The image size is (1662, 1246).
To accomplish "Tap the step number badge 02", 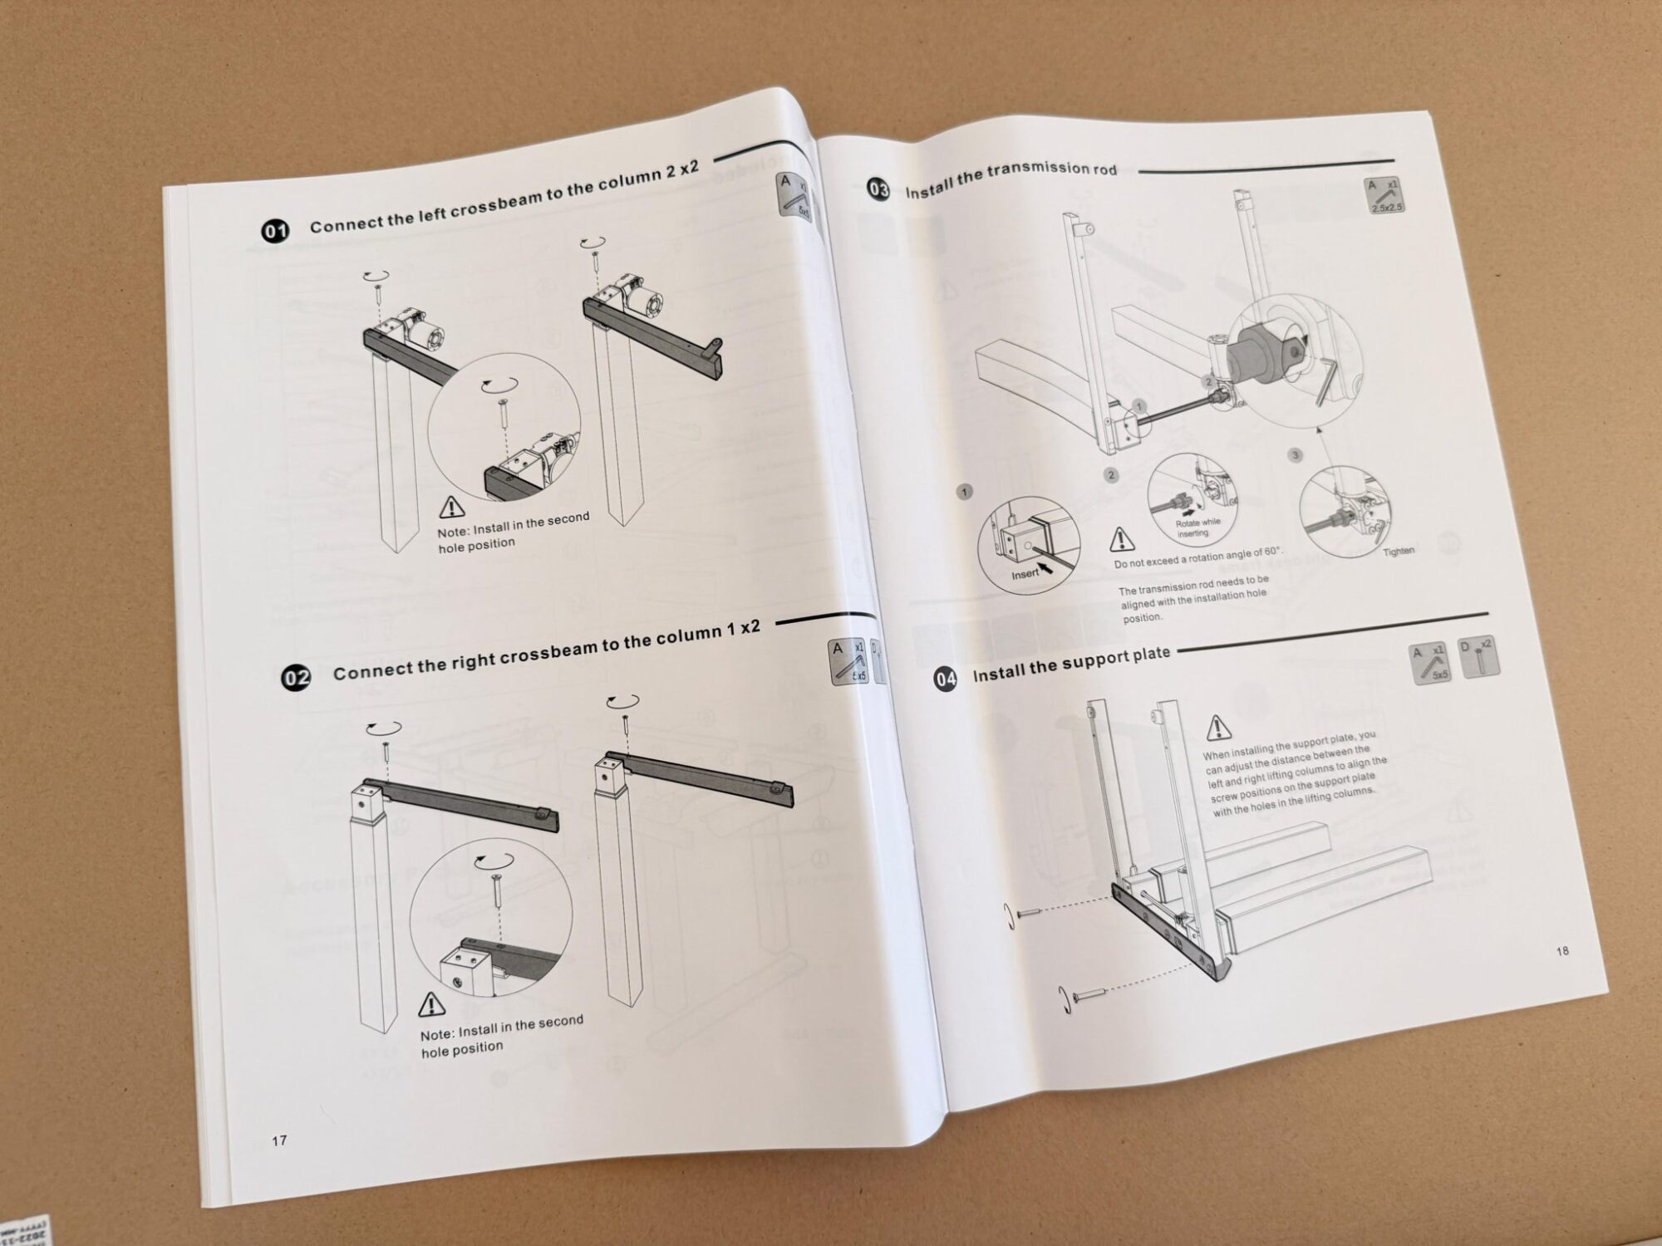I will point(297,678).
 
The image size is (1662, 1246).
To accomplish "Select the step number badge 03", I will point(878,190).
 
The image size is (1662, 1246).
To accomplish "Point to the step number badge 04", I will point(946,679).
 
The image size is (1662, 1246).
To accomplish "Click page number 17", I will point(279,1141).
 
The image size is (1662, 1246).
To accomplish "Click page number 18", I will point(1562,950).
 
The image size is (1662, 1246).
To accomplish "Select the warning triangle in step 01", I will point(451,506).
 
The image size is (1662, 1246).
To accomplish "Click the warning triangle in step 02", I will point(431,1005).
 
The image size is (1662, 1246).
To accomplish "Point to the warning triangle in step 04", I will point(1219,728).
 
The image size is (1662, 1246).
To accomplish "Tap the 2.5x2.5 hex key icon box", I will point(1385,196).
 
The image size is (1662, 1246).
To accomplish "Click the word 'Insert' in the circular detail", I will point(1025,574).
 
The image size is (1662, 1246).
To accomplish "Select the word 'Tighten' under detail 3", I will point(1399,551).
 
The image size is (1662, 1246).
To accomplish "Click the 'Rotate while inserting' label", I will point(1197,527).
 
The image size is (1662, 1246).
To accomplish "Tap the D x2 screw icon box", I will point(1479,657).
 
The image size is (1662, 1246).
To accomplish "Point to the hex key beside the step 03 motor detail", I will point(1325,378).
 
